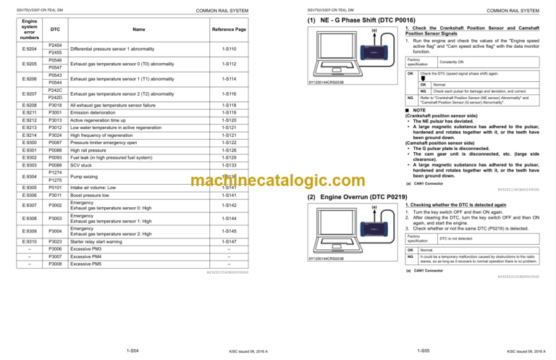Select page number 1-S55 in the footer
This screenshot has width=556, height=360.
click(x=423, y=350)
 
